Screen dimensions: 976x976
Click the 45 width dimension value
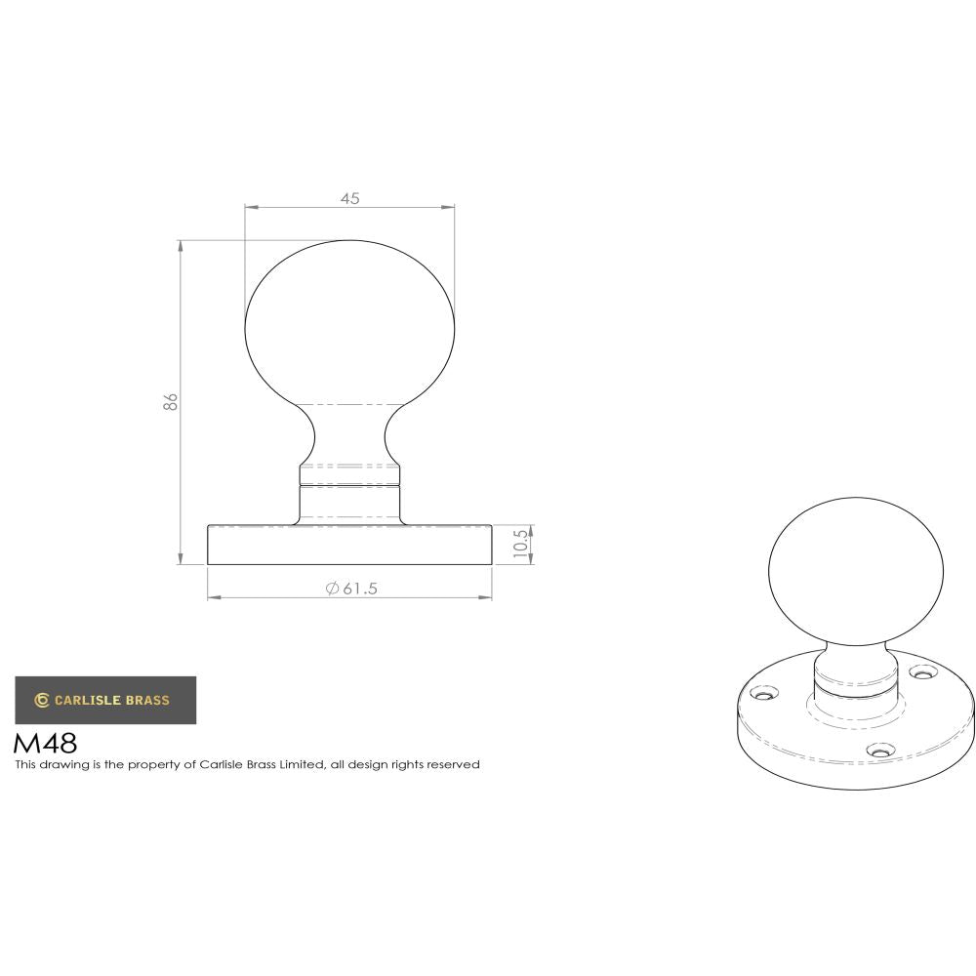click(x=349, y=198)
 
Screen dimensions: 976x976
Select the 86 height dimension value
click(x=171, y=401)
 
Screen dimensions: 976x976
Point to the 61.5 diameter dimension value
click(x=359, y=588)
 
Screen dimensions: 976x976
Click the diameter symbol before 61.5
click(x=332, y=588)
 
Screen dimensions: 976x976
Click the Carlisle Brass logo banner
click(x=105, y=700)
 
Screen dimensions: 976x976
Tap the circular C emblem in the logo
click(x=42, y=700)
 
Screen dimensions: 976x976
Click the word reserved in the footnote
click(x=455, y=765)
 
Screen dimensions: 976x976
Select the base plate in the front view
click(x=349, y=545)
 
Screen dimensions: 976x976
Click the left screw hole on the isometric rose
click(x=766, y=695)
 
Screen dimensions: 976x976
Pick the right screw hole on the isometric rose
click(x=921, y=672)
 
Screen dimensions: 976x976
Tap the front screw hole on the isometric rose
click(x=881, y=752)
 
